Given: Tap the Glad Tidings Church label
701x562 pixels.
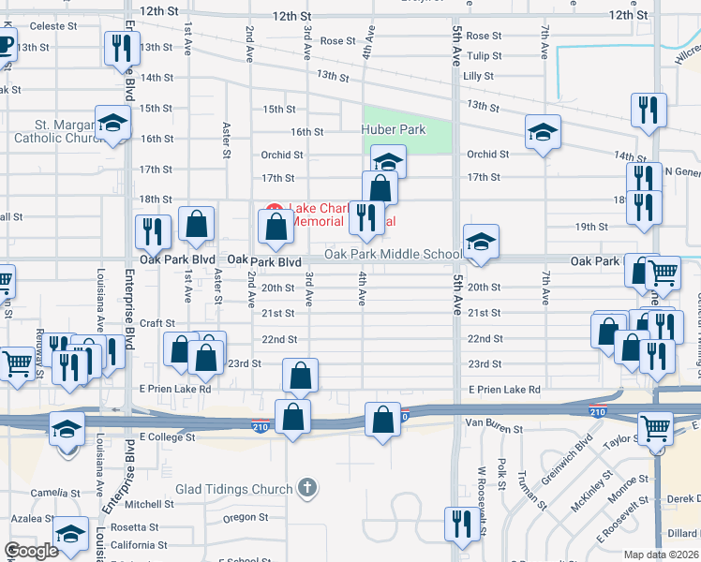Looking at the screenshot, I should pos(234,489).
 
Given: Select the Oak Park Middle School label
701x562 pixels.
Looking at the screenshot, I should pos(394,255).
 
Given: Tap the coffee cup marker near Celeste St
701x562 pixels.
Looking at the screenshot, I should pos(4,44).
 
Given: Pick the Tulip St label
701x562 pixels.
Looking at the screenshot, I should pos(485,56).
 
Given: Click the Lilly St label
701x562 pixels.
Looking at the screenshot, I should pos(478,76).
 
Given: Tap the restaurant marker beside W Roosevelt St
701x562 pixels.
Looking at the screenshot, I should pos(461,523).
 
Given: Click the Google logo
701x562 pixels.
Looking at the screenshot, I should pos(31,551).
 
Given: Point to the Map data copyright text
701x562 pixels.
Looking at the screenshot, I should pos(661,555).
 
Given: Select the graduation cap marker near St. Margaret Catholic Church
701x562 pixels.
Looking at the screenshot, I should pos(112,126).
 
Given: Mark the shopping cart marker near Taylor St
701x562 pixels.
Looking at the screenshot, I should pos(655,429).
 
